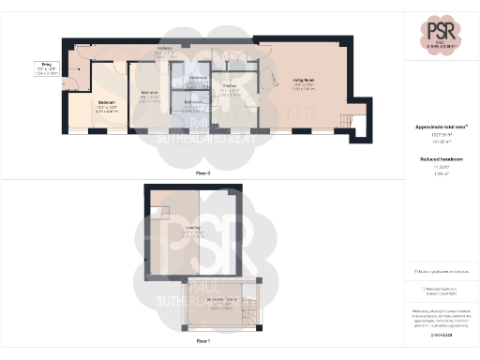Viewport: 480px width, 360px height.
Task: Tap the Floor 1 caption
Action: [x=202, y=340]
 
